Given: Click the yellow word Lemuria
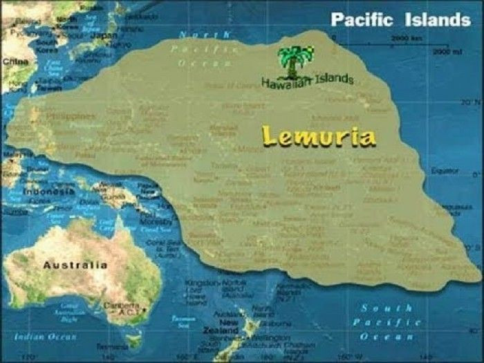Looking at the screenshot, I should tap(319, 136).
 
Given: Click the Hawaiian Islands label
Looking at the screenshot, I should tap(307, 81).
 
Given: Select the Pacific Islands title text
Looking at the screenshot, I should tap(400, 19).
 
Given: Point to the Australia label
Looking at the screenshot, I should tap(75, 265).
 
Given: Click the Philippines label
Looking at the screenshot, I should tap(72, 116).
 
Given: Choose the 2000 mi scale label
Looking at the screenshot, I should tap(439, 51).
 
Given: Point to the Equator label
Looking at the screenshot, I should tap(445, 170).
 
